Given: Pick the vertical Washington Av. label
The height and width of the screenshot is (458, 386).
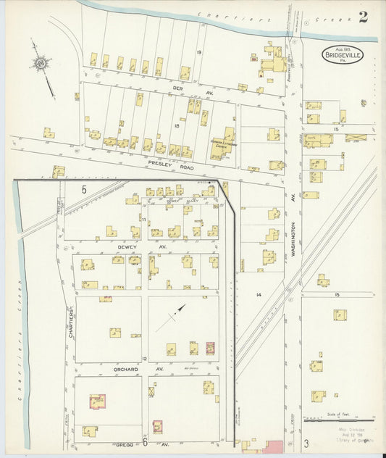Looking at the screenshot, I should point(294,221).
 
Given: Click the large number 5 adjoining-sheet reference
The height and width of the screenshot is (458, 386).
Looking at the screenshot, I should point(84,189).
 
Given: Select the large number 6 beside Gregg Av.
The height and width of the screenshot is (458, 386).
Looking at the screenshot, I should point(145,441).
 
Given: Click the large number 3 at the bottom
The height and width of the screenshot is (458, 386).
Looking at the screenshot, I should point(306,442).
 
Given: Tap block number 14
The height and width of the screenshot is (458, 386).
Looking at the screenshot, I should point(258,295).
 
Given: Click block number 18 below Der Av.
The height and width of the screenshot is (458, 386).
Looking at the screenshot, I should point(175,125).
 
